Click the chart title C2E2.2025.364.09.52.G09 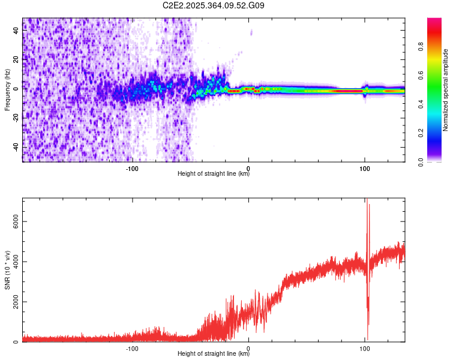click(x=214, y=5)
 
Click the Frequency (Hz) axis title click(x=7, y=90)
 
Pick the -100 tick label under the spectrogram click(x=132, y=169)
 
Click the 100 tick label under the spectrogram click(x=364, y=169)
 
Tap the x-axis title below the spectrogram click(x=214, y=175)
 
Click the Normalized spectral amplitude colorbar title click(x=446, y=90)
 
